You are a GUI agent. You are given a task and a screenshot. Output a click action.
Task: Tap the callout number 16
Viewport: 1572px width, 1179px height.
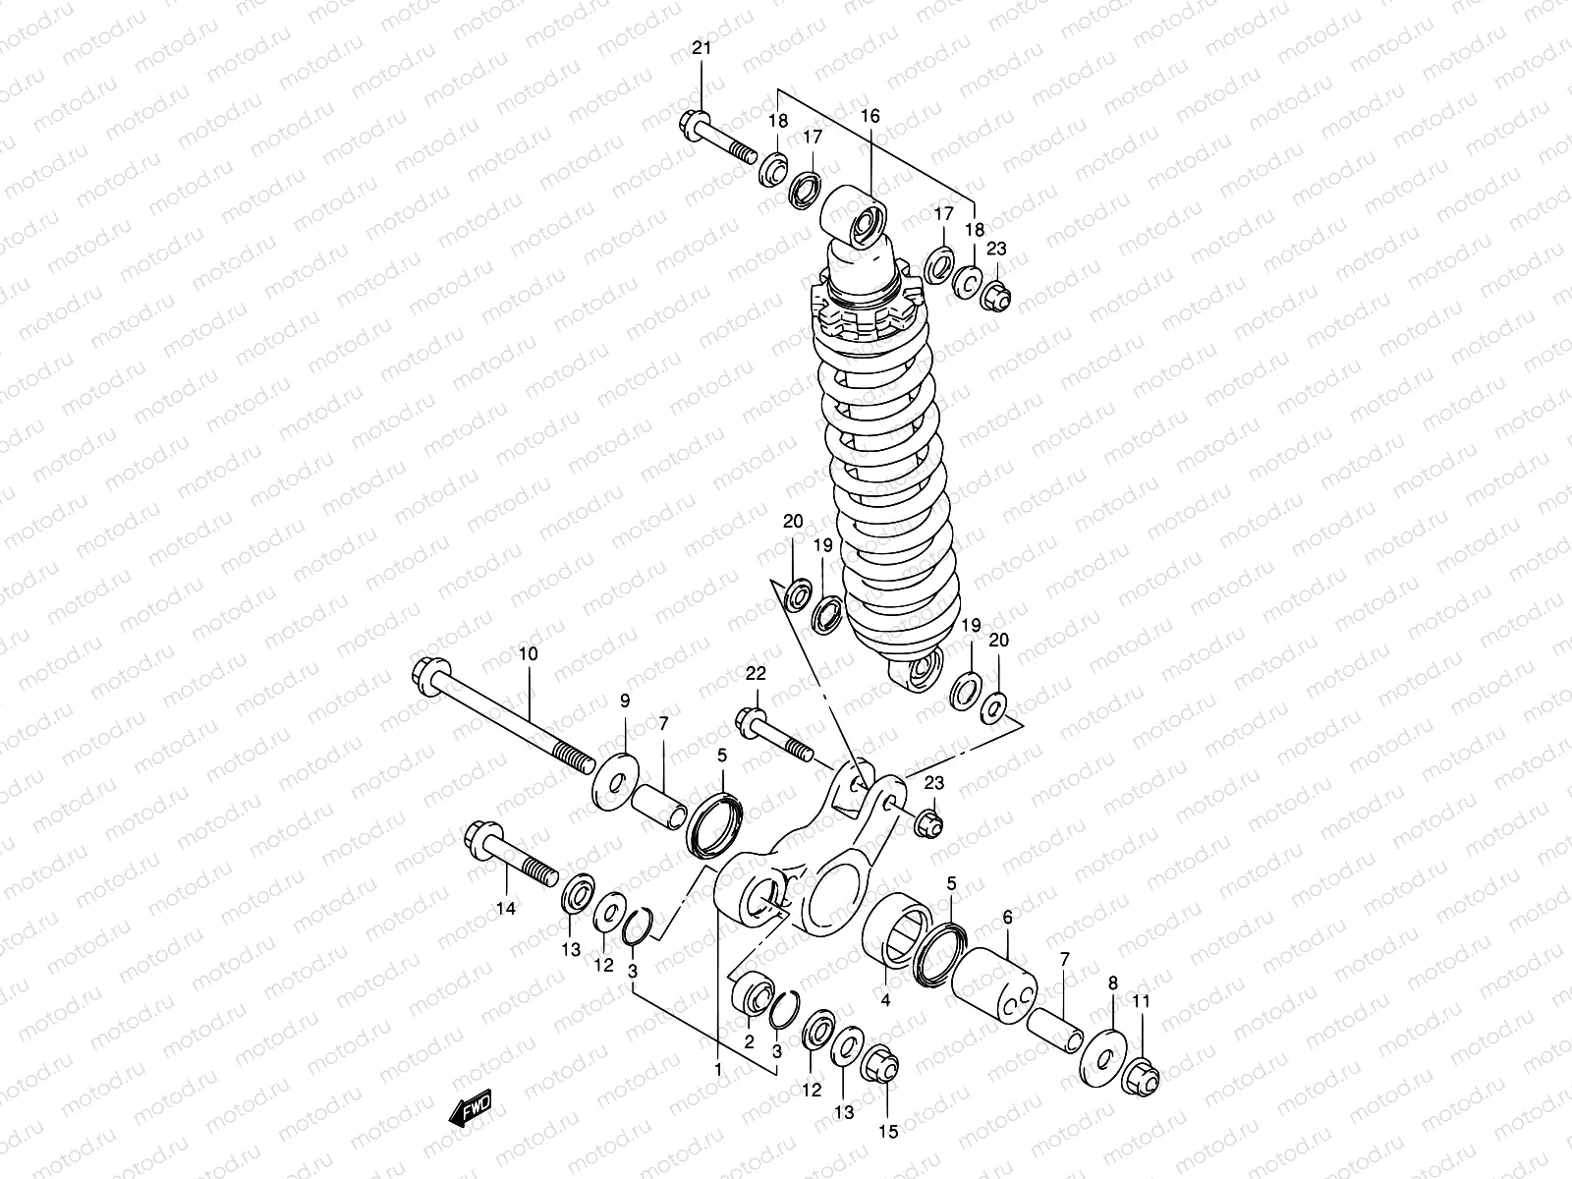pos(870,116)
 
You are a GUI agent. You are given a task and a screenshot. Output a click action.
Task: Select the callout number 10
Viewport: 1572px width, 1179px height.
pos(528,653)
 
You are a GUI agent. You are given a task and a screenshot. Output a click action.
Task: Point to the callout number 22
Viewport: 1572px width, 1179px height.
pos(755,673)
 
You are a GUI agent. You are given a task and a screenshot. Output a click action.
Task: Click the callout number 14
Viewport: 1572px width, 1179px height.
pos(505,909)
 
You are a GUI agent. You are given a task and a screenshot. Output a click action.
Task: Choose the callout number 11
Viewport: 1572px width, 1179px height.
pos(1141,1001)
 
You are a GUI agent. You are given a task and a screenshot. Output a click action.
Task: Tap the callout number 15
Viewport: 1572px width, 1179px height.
pos(887,1131)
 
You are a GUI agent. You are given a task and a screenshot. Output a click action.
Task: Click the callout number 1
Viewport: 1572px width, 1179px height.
pos(718,1069)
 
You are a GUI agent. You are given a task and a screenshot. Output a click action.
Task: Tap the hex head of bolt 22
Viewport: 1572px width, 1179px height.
pos(749,723)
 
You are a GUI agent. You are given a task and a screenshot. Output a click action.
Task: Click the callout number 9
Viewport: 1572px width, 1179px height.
pos(624,700)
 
